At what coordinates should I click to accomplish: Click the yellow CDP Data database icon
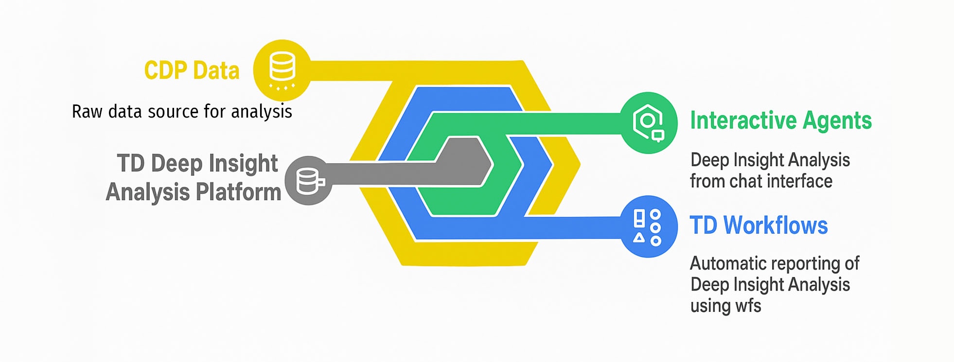click(x=282, y=70)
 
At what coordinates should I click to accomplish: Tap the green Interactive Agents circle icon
click(x=649, y=122)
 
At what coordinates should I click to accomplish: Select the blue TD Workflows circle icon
click(x=649, y=226)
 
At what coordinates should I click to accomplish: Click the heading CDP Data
click(x=192, y=70)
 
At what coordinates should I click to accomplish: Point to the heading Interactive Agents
click(x=780, y=121)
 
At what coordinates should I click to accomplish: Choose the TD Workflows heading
click(x=759, y=225)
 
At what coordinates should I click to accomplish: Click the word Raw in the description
click(x=87, y=112)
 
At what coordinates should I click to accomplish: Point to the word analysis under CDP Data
click(x=262, y=112)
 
